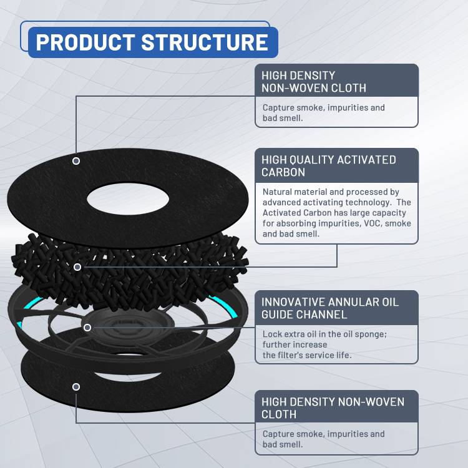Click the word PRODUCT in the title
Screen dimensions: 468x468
click(85, 42)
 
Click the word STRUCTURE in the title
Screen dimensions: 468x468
click(205, 42)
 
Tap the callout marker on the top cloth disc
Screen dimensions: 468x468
click(76, 161)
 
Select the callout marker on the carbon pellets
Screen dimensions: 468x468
click(77, 267)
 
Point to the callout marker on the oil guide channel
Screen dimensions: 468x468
click(87, 328)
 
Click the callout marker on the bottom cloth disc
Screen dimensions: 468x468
click(76, 387)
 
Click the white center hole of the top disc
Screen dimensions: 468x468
click(128, 199)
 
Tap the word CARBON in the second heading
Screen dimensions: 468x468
click(283, 172)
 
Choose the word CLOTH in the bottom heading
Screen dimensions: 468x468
click(279, 414)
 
